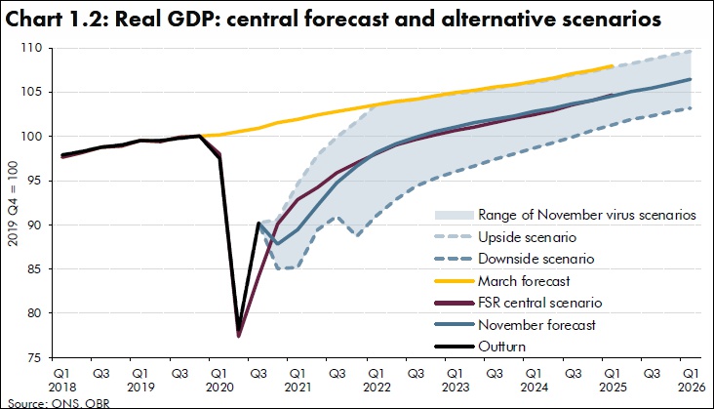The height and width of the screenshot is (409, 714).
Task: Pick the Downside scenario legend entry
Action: (535, 259)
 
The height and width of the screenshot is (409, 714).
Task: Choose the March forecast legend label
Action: (523, 280)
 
